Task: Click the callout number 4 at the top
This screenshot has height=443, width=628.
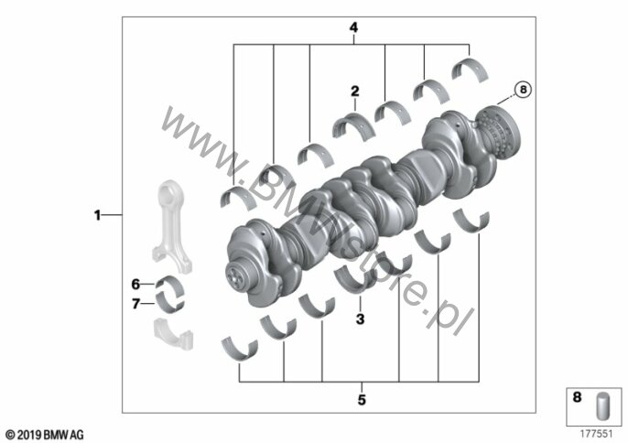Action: point(353,27)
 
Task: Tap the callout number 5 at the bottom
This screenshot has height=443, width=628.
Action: point(362,400)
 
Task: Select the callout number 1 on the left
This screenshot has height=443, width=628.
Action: point(97,215)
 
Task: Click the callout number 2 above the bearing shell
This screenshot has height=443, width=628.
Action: point(355,92)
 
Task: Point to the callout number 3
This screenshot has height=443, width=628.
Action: point(360,319)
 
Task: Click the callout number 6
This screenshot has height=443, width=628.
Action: point(135,285)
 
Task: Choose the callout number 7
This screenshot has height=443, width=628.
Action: point(135,304)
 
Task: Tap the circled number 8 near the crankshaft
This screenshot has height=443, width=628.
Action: point(523,90)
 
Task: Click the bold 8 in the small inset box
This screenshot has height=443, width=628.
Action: point(577,397)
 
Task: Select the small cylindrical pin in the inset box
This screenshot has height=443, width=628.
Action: point(603,406)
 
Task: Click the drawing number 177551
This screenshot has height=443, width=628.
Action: point(597,434)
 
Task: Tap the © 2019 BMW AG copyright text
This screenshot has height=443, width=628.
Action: point(45,435)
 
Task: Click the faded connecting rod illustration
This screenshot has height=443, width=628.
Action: point(171,226)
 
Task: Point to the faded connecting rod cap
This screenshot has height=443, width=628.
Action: point(173,333)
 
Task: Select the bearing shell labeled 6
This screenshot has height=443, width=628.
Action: point(169,286)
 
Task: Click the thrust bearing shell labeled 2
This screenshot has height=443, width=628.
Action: point(354,124)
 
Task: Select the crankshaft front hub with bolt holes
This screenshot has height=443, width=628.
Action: point(236,276)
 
